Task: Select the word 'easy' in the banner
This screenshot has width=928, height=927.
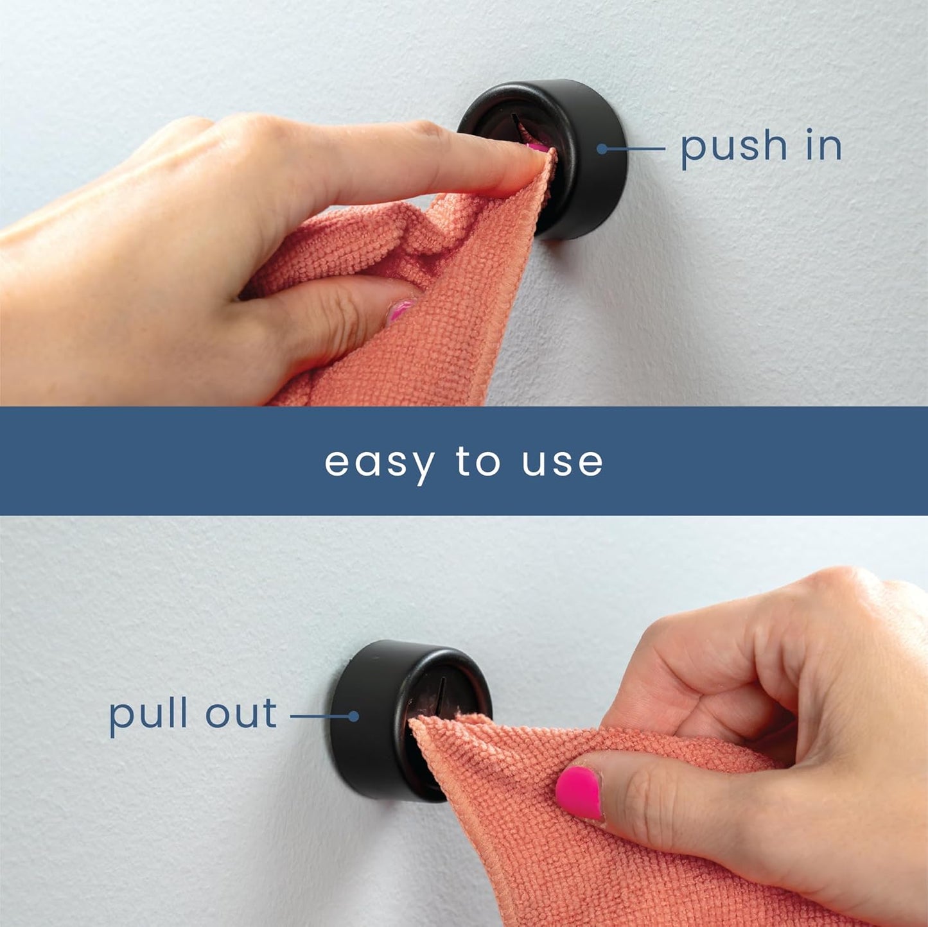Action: pyautogui.click(x=379, y=463)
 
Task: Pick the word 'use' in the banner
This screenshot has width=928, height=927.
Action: pyautogui.click(x=562, y=463)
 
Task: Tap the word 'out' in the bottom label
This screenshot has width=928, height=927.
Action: pyautogui.click(x=241, y=714)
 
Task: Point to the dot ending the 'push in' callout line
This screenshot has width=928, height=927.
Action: pyautogui.click(x=602, y=149)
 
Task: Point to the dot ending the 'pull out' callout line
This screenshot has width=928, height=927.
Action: pyautogui.click(x=353, y=716)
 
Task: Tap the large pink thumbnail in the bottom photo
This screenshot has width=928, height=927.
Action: pyautogui.click(x=579, y=792)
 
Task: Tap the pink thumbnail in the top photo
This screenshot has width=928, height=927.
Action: pyautogui.click(x=399, y=311)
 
